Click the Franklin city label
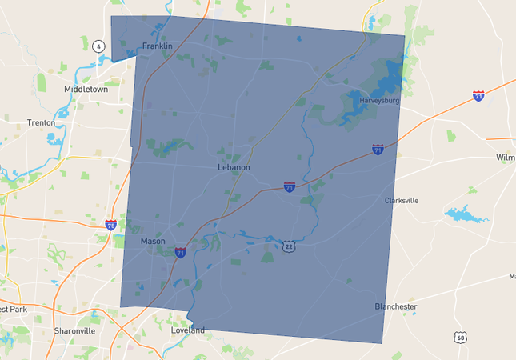157,46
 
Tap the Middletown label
86,90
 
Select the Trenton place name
41,123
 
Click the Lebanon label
234,168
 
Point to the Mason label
152,241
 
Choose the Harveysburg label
379,100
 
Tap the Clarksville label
402,201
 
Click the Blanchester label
395,306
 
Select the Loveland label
188,330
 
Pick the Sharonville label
74,330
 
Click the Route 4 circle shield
98,46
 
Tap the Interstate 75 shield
110,226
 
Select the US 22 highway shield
289,246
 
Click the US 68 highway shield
461,338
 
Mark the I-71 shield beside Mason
181,252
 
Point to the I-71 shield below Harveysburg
378,150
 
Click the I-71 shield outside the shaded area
478,96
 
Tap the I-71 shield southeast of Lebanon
289,186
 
